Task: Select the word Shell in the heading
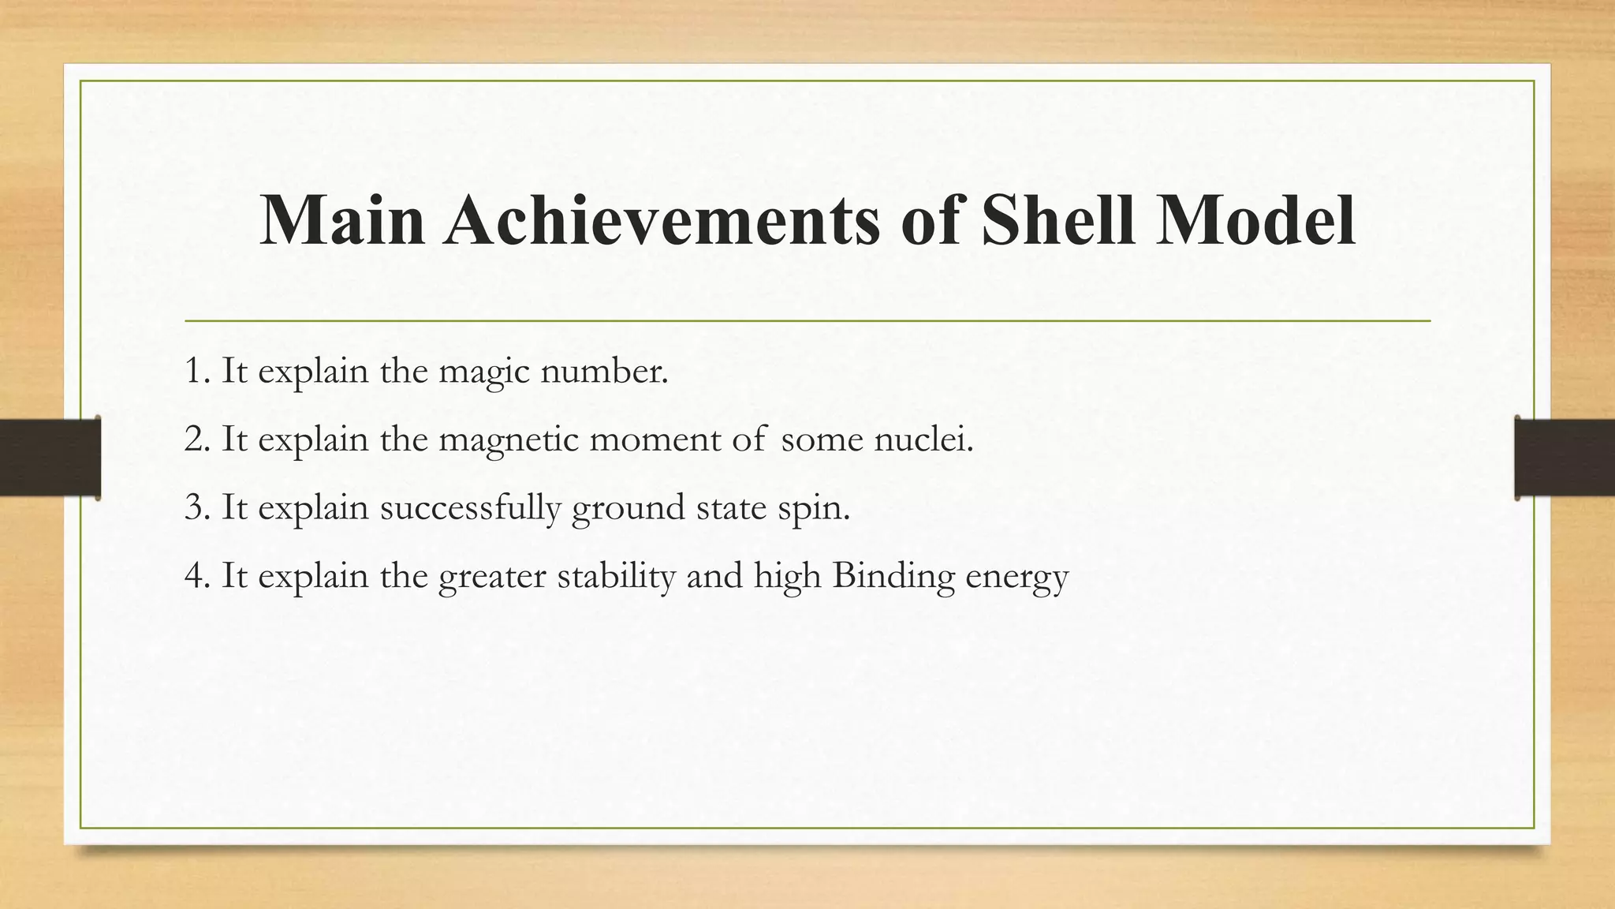click(x=1059, y=220)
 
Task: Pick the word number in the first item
click(x=603, y=371)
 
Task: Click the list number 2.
click(x=195, y=440)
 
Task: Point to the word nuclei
click(x=923, y=440)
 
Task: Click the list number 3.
click(x=195, y=507)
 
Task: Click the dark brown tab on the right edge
click(x=1565, y=458)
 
